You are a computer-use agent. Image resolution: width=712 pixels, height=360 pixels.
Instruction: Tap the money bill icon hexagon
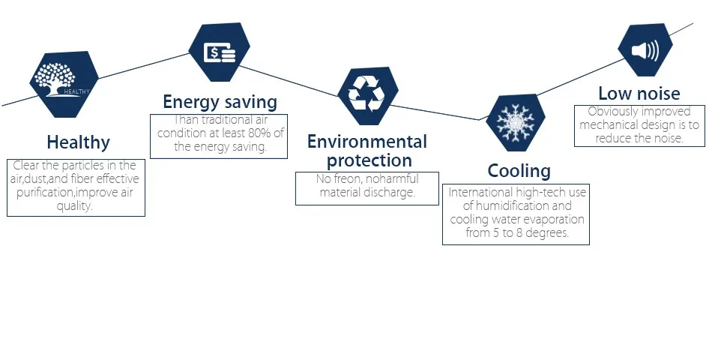point(219,52)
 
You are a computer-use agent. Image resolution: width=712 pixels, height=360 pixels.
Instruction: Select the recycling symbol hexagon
point(367,95)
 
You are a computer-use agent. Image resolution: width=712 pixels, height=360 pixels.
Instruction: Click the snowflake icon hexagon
point(516,122)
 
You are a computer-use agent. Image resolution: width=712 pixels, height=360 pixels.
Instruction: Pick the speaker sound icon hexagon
point(645,50)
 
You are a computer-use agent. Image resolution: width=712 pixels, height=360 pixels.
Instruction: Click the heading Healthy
point(78,142)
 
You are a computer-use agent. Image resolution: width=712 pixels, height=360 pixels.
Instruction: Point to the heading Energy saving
point(220,102)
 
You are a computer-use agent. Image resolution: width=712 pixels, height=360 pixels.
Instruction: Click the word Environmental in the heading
point(366,142)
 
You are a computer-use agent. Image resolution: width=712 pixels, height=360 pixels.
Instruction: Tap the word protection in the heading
point(369,160)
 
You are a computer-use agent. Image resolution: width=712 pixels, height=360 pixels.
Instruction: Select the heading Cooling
point(519,170)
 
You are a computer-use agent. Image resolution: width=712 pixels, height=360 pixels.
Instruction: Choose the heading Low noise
point(639,94)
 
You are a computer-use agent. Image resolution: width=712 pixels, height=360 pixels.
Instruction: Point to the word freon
point(340,179)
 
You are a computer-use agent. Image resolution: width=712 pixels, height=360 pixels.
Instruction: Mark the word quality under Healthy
point(75,206)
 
